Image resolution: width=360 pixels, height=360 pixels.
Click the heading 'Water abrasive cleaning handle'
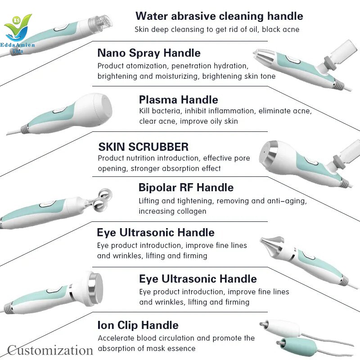pos(219,16)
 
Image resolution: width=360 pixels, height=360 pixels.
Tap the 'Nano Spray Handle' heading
pos(149,53)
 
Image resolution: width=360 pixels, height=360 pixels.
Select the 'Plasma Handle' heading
pos(178,100)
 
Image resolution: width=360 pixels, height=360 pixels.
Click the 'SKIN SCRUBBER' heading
pos(144,147)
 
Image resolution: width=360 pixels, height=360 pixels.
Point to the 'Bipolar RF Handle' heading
pos(186,188)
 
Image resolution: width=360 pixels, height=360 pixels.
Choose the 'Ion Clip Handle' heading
pos(138,325)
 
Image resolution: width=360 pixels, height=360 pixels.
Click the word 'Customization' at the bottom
pos(50,351)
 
